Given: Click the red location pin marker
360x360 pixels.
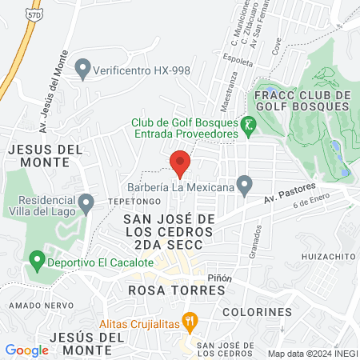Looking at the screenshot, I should tap(180, 162).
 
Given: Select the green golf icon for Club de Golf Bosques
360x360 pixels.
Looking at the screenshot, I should tap(250, 123).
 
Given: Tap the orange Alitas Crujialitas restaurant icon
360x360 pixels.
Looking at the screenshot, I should tap(190, 319).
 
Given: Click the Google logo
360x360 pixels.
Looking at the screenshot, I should tap(27, 350).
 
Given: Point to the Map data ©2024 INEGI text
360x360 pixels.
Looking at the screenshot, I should tap(311, 353).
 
